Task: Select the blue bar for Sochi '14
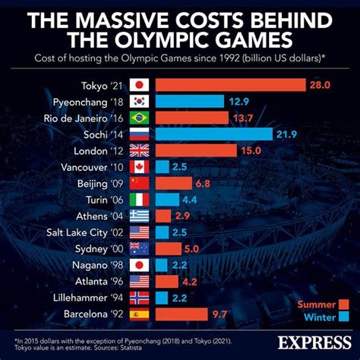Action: pos(214,134)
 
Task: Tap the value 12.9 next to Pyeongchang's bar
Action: pos(239,102)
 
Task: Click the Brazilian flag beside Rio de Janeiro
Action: pos(140,118)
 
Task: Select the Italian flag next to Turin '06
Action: pos(140,200)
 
